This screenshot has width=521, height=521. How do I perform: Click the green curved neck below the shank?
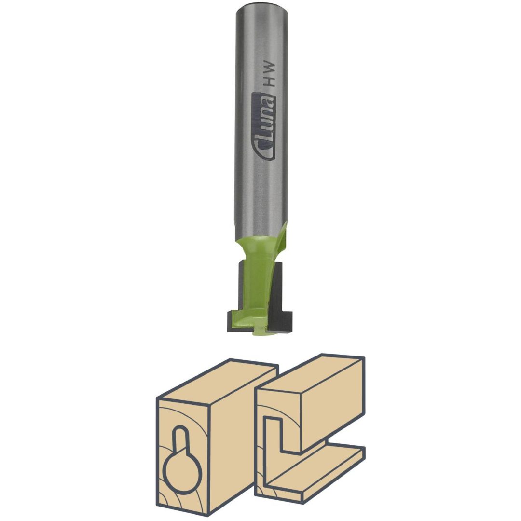coord(258,252)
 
